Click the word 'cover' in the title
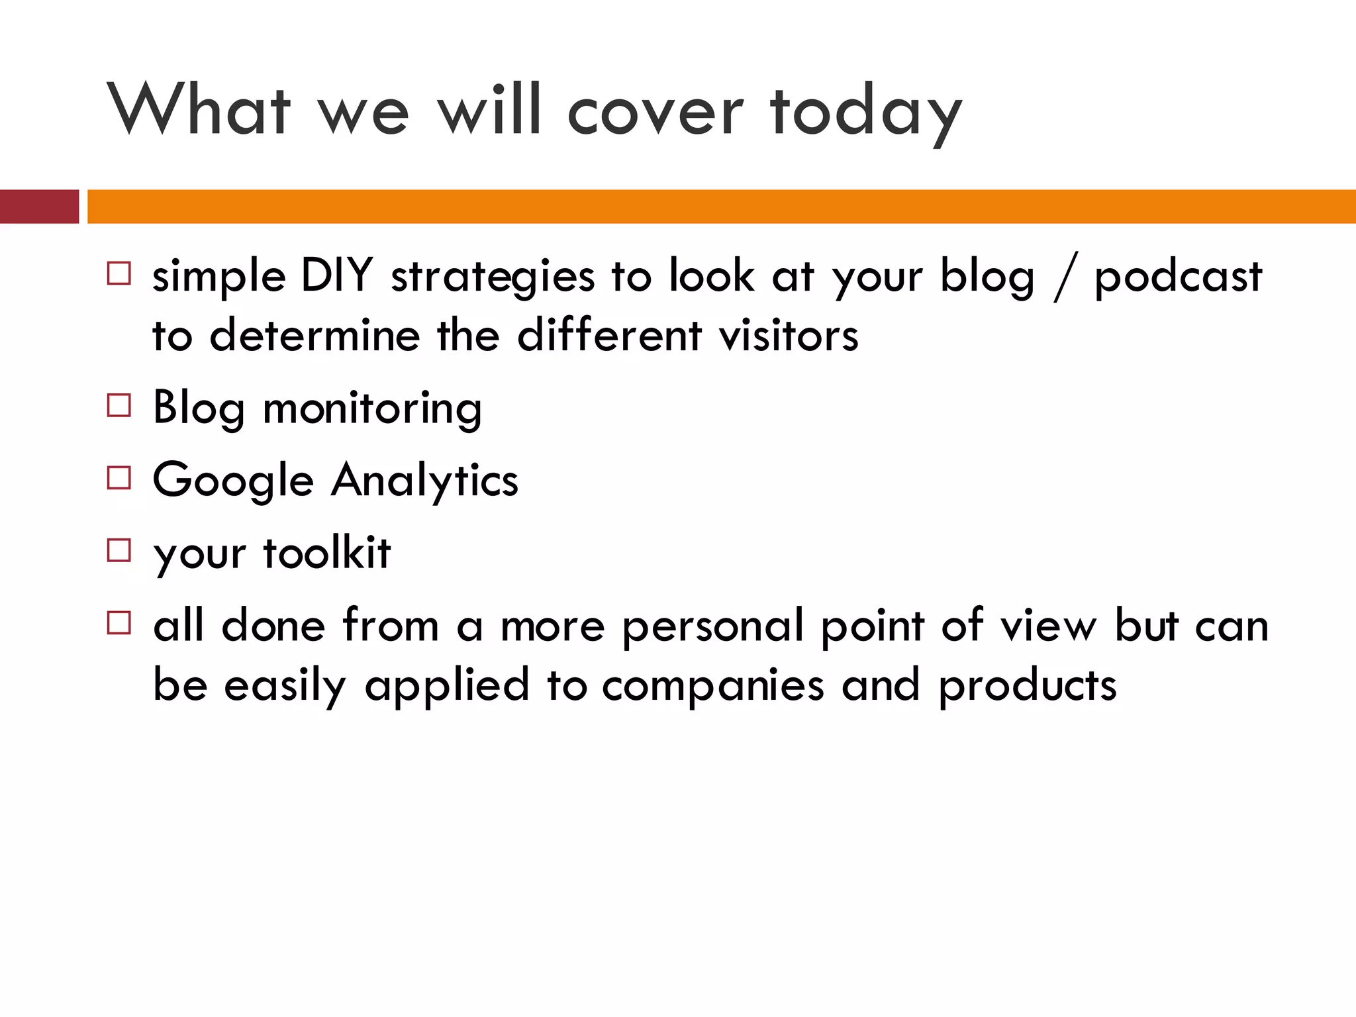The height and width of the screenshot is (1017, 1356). tap(655, 113)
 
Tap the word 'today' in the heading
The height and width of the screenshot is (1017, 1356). tap(865, 113)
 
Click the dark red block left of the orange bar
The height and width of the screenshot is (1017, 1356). tap(38, 207)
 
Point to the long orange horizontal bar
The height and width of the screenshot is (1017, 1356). tap(720, 207)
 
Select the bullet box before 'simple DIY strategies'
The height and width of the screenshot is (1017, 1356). tap(119, 273)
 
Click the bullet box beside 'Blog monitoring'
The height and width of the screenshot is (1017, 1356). tap(119, 405)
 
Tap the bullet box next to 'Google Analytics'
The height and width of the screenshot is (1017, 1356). tap(119, 477)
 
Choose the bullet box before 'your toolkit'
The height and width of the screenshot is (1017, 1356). tap(119, 550)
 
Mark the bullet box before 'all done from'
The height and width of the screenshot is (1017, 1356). tap(119, 623)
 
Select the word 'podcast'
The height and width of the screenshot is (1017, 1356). tap(1178, 277)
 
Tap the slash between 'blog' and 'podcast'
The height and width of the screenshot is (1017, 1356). tap(1065, 277)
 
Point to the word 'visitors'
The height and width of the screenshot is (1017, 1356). tap(789, 335)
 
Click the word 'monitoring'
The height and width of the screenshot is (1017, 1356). tap(372, 408)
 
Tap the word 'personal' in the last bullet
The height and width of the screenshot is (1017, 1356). tap(712, 626)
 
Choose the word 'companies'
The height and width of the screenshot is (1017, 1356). tap(713, 686)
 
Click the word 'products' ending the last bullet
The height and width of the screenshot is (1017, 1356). tap(1028, 686)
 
